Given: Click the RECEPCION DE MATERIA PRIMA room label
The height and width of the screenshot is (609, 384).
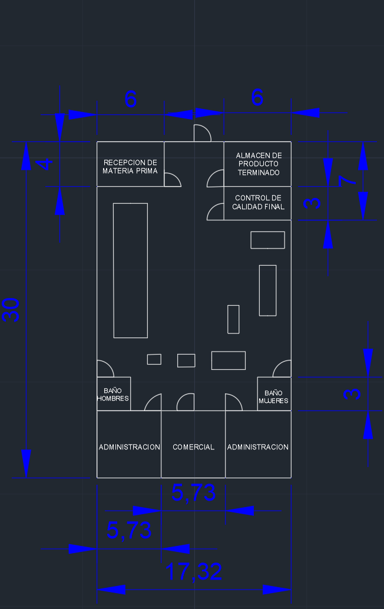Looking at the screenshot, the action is pos(130,167).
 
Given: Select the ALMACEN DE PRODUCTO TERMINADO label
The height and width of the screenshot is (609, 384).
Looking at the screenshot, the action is pos(259,164).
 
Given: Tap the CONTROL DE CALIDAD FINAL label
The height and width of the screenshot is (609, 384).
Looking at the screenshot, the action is pos(258,203).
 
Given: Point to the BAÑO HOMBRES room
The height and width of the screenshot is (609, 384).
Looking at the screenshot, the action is pos(114,394).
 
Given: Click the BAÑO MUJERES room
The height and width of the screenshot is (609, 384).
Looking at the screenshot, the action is pos(274,394).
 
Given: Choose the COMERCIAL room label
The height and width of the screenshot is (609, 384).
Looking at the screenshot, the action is pos(193,447).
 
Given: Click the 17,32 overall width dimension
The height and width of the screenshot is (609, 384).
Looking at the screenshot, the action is pos(194,571).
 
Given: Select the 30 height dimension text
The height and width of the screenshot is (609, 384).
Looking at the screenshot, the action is pos(11,310).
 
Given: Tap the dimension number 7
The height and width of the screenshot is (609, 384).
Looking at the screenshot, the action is pos(347,181).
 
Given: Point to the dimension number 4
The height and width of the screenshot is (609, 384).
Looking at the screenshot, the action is pos(45,164).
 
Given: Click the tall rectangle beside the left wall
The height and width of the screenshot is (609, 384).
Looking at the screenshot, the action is pos(131,270).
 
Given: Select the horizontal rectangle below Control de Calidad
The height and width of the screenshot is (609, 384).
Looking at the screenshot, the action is pos(267,240).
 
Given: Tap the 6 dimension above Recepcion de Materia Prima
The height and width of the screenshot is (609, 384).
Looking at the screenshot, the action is pos(131,100).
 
